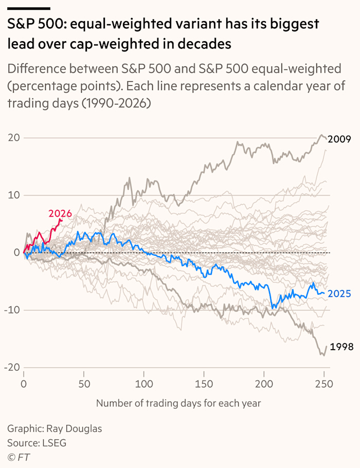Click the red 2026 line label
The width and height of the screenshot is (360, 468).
pos(60,213)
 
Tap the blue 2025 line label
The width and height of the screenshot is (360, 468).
pos(339,294)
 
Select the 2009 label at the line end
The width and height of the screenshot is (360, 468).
pos(339,139)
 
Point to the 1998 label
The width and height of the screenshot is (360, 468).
pos(341,347)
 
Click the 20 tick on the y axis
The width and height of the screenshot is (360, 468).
pos(13,137)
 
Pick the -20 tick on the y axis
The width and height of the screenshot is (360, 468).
pos(11,367)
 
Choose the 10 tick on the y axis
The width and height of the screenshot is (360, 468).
pos(14,195)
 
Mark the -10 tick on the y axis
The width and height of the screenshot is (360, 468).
pos(12,310)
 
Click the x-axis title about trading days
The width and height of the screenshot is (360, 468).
pos(178,403)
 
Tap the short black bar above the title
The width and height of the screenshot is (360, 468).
pos(29,8)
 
